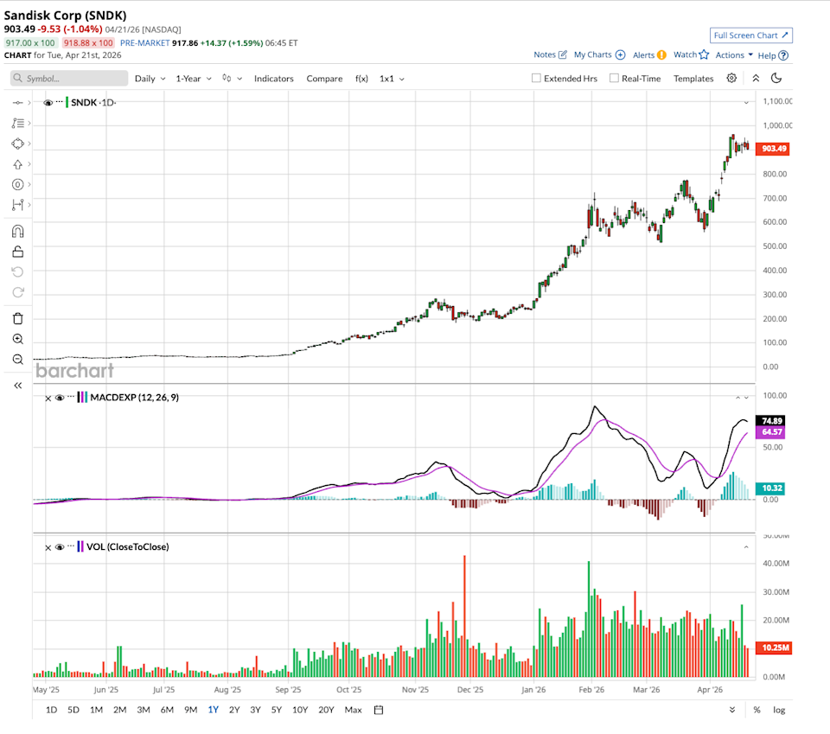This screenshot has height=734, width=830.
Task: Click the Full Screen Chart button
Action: (750, 35)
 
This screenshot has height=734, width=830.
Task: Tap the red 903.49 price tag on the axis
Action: (774, 149)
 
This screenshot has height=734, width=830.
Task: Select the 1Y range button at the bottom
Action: (213, 710)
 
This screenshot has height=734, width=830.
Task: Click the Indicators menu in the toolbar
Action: (273, 79)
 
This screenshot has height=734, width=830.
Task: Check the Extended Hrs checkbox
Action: (536, 79)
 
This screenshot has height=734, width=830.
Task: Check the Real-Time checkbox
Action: (614, 79)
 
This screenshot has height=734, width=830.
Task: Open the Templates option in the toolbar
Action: (693, 79)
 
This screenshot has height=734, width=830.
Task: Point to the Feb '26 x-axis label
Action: (591, 690)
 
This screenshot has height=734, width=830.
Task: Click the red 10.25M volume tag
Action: (774, 648)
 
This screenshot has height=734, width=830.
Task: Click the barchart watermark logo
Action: (74, 371)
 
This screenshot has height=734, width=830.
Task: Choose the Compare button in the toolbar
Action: (324, 79)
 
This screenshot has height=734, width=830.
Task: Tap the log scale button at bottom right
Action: (779, 710)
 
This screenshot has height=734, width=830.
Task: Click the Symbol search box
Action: (69, 79)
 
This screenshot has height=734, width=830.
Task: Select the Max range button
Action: (353, 710)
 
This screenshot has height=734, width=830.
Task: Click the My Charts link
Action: (598, 54)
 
